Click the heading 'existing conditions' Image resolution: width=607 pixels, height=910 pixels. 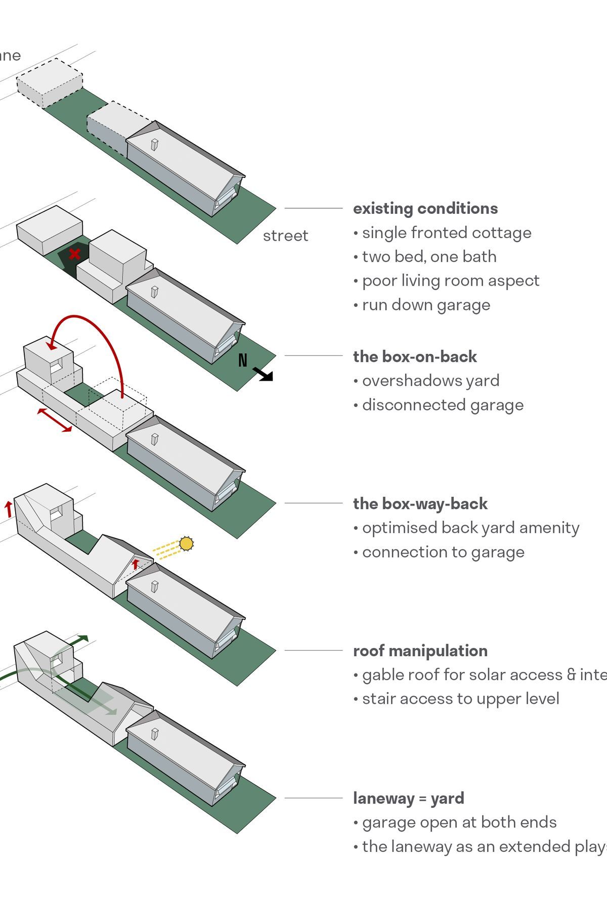tap(425, 209)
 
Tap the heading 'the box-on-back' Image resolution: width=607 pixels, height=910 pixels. tap(415, 357)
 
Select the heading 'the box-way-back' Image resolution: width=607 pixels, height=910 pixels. tap(420, 504)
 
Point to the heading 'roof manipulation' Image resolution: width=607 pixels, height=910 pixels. tap(420, 651)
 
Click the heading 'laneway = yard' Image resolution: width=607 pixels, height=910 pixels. tap(408, 799)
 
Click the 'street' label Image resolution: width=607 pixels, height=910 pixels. tap(285, 236)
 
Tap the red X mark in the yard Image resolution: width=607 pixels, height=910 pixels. tap(75, 254)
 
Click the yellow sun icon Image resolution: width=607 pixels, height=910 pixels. tap(186, 543)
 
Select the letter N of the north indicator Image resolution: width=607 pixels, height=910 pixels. tap(243, 360)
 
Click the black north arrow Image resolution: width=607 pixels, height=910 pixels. tap(264, 374)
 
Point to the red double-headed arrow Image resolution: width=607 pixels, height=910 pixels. tap(55, 420)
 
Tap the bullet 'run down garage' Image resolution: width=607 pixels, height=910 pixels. tap(426, 305)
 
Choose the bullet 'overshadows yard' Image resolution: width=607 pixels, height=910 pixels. tap(430, 381)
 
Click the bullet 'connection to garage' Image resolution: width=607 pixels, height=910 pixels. tap(443, 553)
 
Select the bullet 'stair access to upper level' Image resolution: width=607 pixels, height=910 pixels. tap(460, 699)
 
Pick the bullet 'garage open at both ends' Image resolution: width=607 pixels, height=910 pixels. tap(459, 823)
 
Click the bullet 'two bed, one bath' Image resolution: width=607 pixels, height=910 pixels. tap(429, 257)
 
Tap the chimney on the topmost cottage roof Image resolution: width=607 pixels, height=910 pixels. tap(155, 145)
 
